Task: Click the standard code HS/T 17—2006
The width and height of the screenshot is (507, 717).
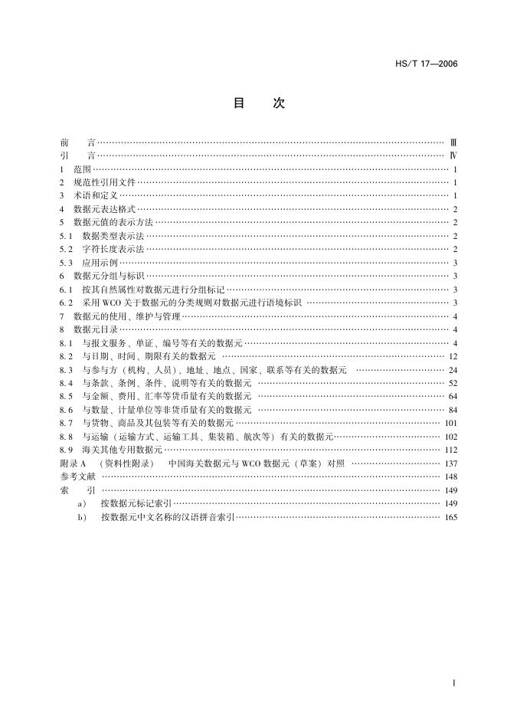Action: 430,64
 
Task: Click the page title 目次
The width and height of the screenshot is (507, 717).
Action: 258,104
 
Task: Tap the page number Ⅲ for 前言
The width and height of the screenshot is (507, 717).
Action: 453,142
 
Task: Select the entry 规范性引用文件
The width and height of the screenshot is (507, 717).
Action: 104,182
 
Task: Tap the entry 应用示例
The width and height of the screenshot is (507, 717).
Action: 100,262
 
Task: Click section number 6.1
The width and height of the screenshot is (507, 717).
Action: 66,289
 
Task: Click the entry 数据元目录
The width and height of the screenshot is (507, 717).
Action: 95,329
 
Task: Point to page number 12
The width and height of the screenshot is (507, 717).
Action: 453,355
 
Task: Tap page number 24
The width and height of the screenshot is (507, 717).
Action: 453,369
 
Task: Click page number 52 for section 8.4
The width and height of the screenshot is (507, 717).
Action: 453,382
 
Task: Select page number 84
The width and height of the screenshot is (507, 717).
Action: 453,409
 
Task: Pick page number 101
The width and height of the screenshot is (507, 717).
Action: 450,422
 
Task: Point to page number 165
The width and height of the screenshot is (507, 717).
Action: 450,517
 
